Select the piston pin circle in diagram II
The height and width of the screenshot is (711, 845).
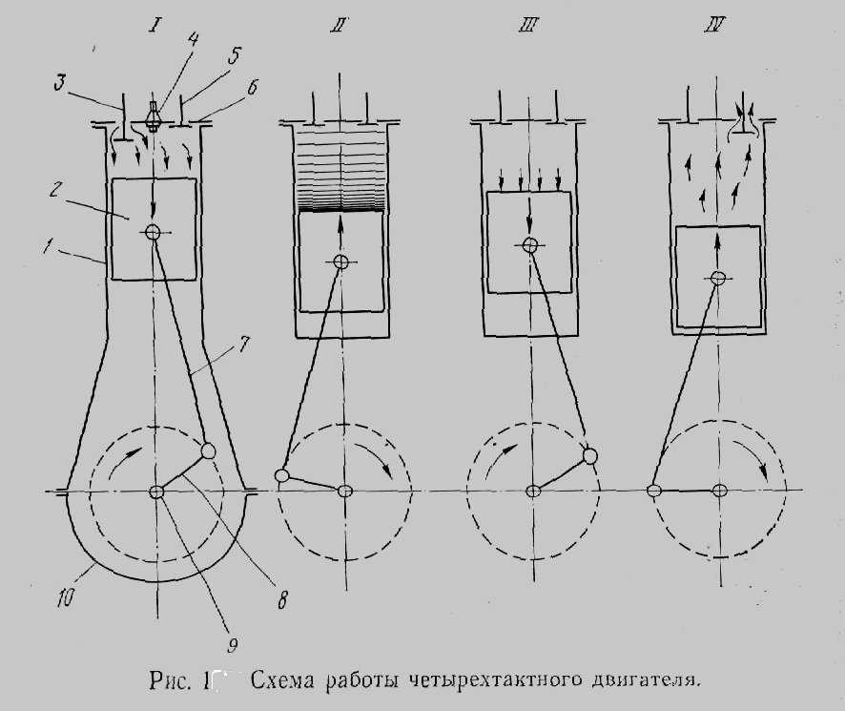click(x=340, y=261)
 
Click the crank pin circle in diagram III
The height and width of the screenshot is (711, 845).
click(x=591, y=455)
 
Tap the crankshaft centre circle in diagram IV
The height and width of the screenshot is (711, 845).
click(x=720, y=491)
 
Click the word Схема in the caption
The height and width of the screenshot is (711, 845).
click(x=283, y=680)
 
